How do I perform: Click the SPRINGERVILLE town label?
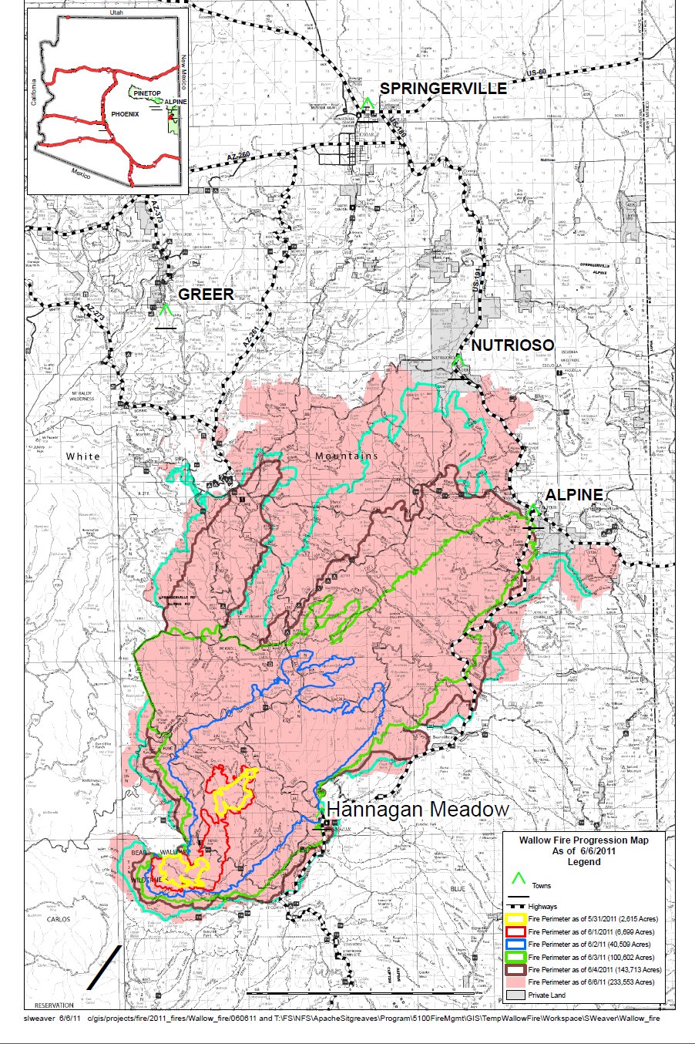click(443, 89)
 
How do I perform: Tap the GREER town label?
click(205, 295)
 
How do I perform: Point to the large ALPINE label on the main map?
click(574, 495)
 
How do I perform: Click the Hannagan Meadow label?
click(418, 810)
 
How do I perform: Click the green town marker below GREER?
click(163, 311)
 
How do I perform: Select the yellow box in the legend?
click(516, 919)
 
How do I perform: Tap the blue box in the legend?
click(516, 945)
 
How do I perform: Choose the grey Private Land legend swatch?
click(516, 995)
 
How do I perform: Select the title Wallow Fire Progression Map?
click(583, 840)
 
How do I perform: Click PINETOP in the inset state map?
click(146, 93)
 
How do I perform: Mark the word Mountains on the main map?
click(347, 456)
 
